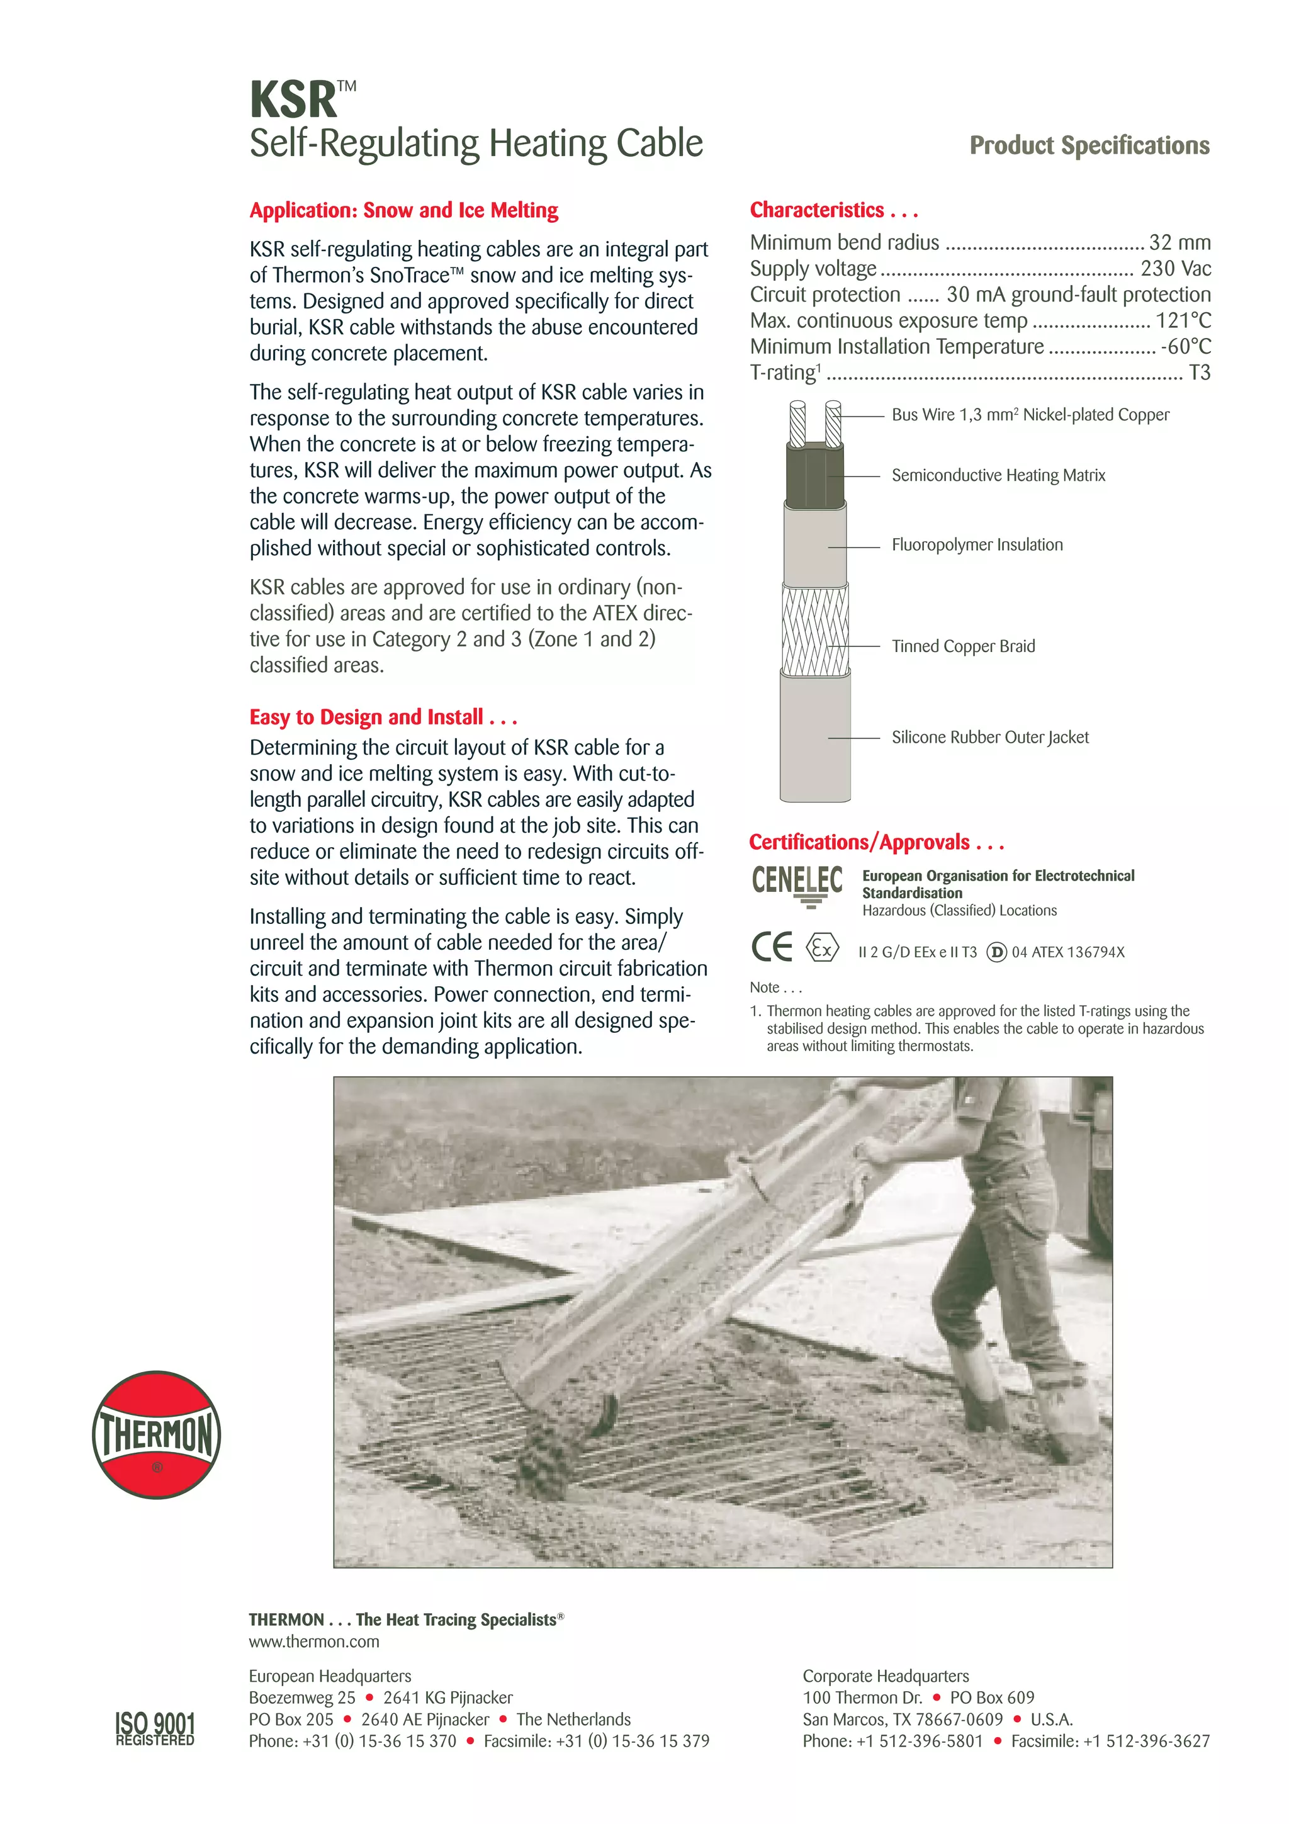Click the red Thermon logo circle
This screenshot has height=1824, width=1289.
point(157,1434)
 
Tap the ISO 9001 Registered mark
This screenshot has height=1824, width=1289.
point(155,1729)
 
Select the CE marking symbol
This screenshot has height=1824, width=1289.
point(771,946)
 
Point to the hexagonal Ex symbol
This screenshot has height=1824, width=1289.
point(822,948)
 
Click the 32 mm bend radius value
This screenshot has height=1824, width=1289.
point(1179,242)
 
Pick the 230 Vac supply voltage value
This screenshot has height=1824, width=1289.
point(1176,269)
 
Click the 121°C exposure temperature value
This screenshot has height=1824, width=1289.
point(1183,320)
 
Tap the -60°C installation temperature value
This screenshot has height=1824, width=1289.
point(1185,346)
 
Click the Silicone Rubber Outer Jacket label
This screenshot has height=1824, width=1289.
point(989,737)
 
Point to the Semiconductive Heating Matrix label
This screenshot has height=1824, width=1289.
point(998,475)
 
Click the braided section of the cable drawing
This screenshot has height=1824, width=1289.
point(815,629)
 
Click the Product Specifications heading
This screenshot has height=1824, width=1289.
point(1089,145)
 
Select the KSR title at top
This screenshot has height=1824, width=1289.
point(294,100)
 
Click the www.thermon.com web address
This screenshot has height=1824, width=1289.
point(313,1641)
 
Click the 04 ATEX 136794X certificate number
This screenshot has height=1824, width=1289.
point(1067,952)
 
